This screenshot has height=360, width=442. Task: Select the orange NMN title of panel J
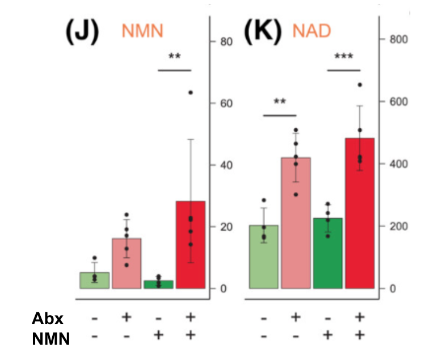coord(142,31)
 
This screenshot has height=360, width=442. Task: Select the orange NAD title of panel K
coord(311,31)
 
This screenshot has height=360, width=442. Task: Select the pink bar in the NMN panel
coord(127,263)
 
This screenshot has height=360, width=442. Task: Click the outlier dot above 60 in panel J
coord(191,92)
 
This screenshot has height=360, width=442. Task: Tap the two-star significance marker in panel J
coord(174,57)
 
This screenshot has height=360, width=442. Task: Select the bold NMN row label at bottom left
coord(50,339)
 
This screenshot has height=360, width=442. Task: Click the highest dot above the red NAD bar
coord(360,85)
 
